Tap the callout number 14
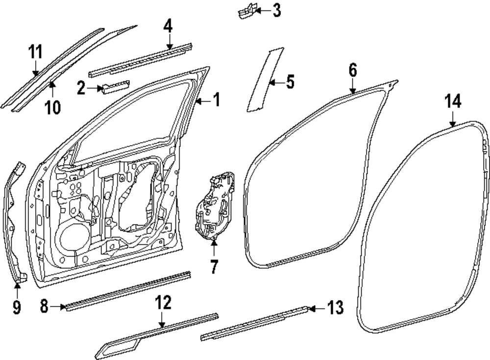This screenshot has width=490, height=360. (x=453, y=102)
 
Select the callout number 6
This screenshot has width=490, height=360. (x=353, y=70)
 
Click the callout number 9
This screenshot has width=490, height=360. (x=17, y=308)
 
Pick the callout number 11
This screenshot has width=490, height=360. (x=35, y=51)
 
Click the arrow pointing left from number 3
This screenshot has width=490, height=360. (x=262, y=10)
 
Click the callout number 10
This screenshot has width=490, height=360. (x=53, y=106)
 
